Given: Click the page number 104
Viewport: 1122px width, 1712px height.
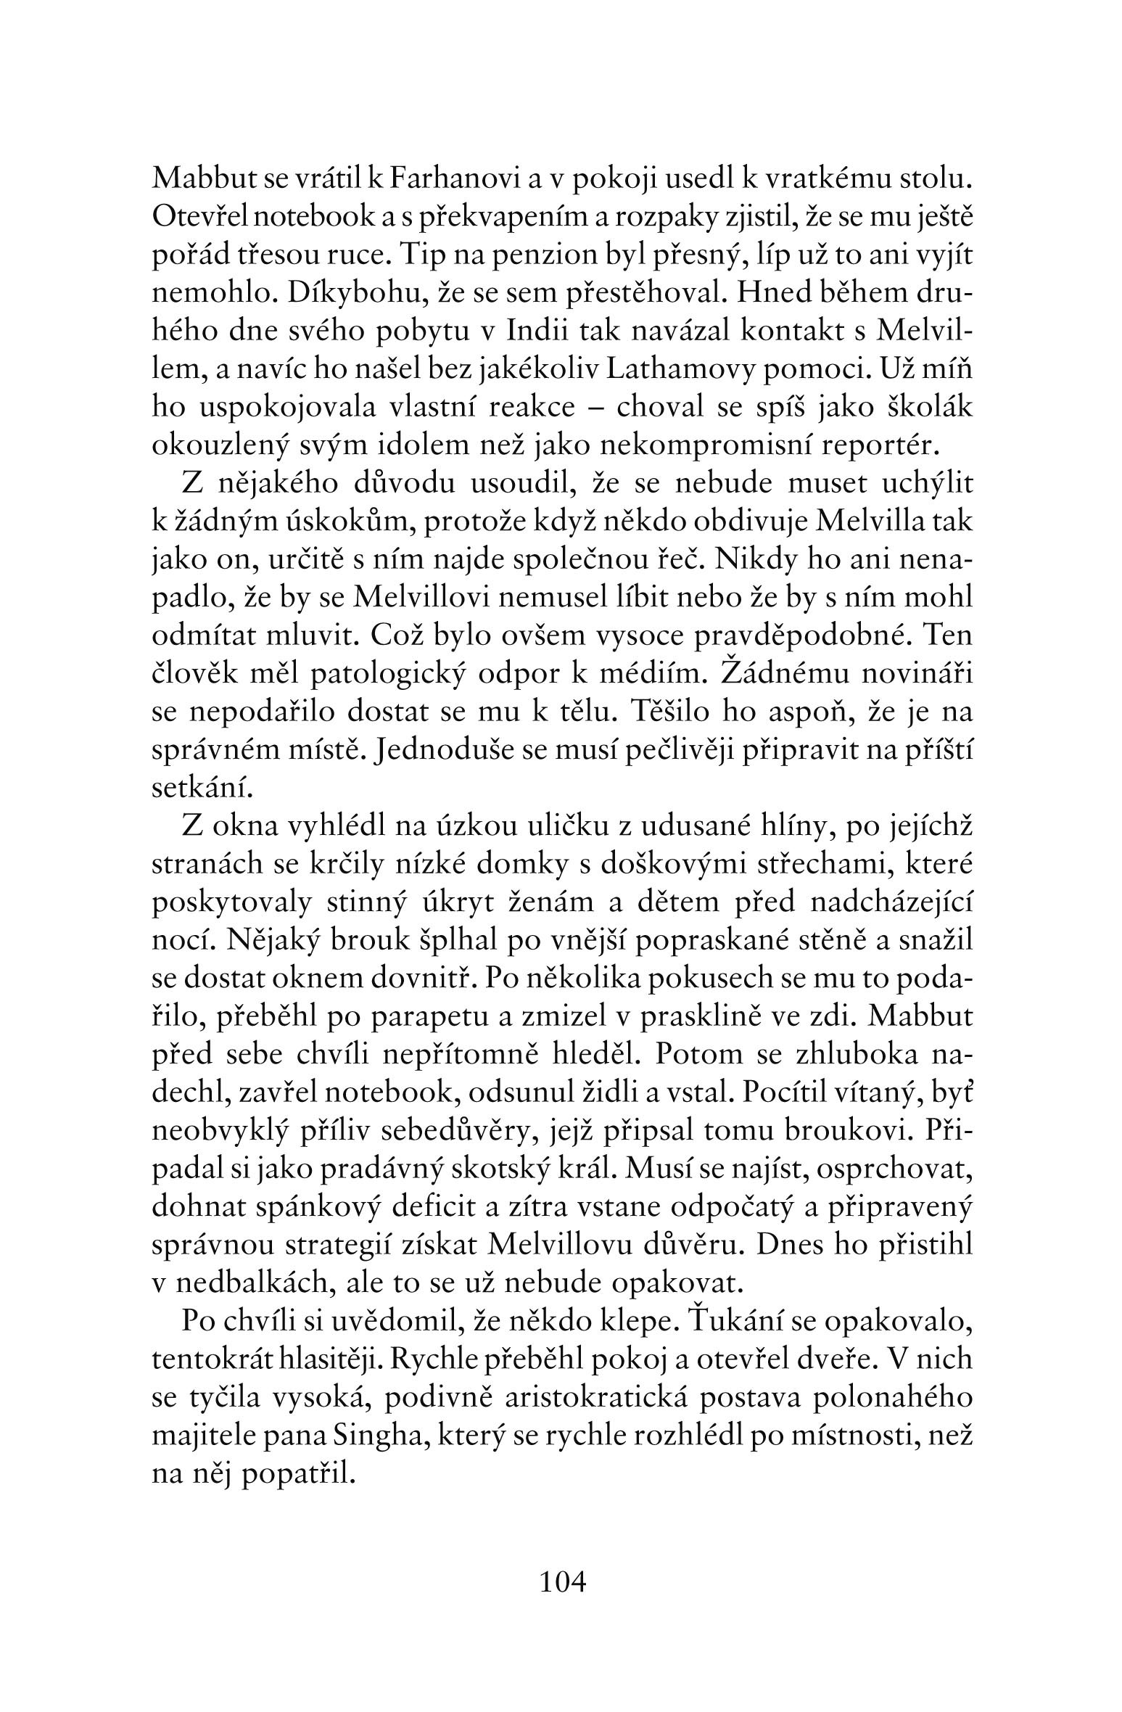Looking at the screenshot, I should [562, 1580].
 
